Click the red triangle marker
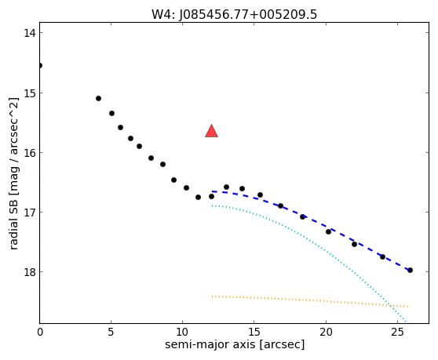pos(211,131)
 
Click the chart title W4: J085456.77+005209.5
pos(235,15)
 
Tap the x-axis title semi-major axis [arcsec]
pos(235,344)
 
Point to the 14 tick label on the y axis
pos(30,33)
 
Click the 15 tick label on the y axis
pos(30,93)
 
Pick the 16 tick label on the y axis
pos(30,153)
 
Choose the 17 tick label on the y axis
pos(30,213)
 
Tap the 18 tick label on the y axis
pos(30,272)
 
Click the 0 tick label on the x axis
pos(40,332)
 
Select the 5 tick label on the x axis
pos(111,332)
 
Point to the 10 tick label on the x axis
pos(182,332)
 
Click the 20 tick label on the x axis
pos(326,332)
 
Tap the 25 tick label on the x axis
pos(397,332)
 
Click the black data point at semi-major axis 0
pos(40,66)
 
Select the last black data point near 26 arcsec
pos(410,270)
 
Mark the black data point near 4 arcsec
pos(98,99)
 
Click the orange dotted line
pos(311,300)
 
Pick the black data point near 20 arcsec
pos(328,231)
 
